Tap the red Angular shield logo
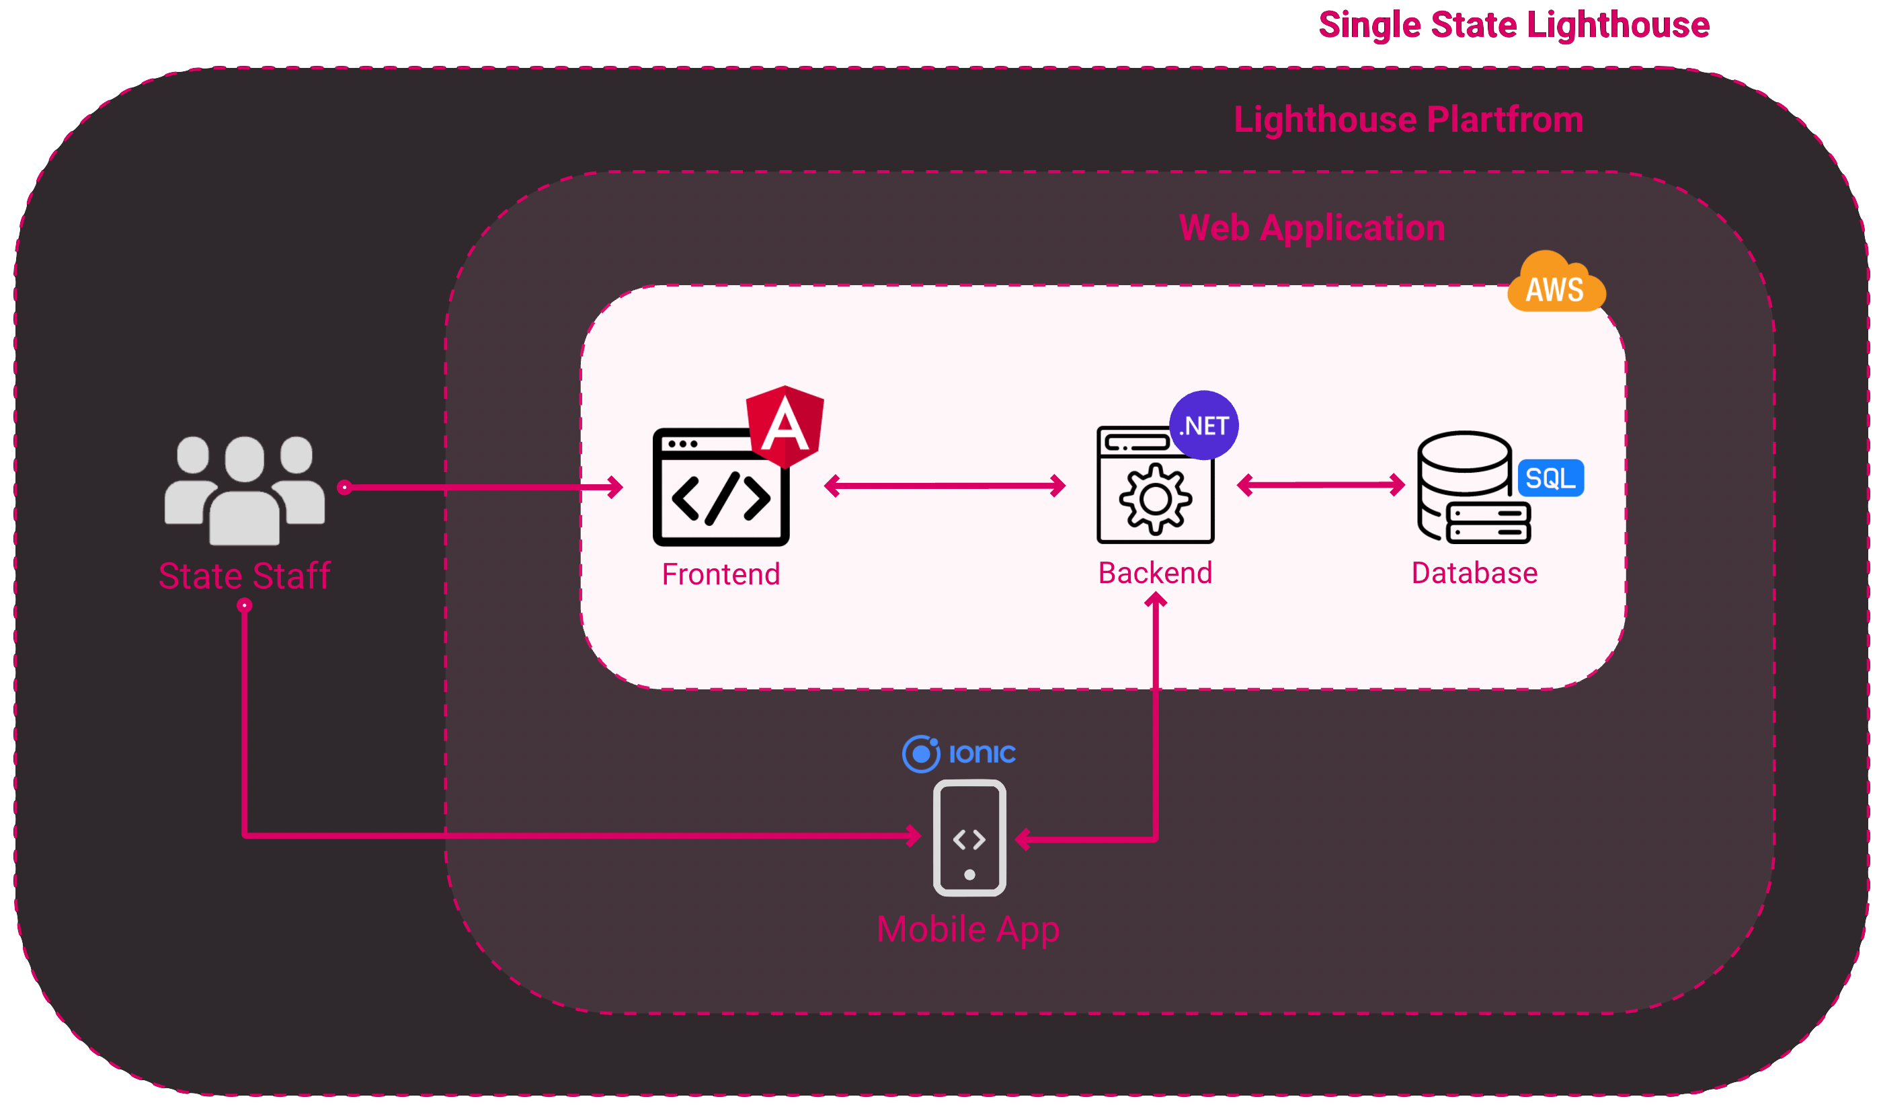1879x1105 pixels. (x=785, y=426)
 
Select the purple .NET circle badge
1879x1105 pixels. (x=1203, y=425)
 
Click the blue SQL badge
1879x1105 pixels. (x=1551, y=478)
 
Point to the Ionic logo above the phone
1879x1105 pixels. (x=959, y=753)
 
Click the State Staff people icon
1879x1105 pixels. (x=245, y=490)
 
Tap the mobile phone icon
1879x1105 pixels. (x=969, y=838)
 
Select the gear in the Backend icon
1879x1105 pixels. (x=1155, y=498)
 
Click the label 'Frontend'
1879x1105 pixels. (x=721, y=574)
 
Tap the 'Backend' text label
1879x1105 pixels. (x=1155, y=573)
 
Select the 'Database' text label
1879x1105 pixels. (x=1474, y=573)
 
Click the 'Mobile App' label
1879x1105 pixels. (x=968, y=929)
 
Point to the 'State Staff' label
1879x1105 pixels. (x=245, y=576)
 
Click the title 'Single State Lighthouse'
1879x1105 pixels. (x=1514, y=25)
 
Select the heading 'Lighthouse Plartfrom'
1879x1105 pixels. (x=1408, y=120)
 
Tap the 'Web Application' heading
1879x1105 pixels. (x=1312, y=227)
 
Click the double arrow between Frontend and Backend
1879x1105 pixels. (x=945, y=486)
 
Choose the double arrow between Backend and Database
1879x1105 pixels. (x=1320, y=485)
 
